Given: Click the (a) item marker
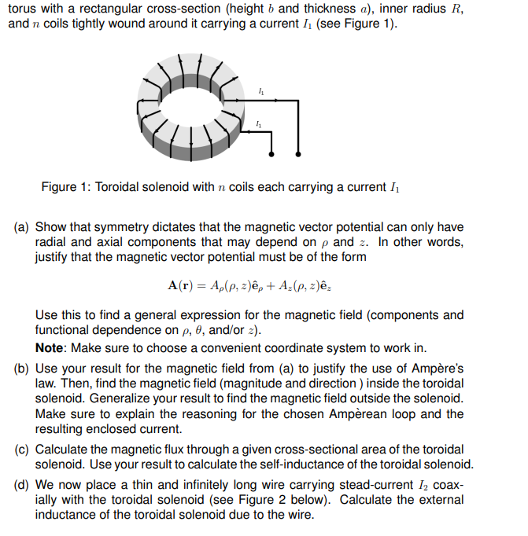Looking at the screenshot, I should coord(22,228).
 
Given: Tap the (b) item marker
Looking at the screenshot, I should coord(22,369).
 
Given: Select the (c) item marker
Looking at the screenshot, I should coord(22,450).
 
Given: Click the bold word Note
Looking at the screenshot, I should coord(51,348).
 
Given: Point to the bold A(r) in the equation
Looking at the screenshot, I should coord(183,285).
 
